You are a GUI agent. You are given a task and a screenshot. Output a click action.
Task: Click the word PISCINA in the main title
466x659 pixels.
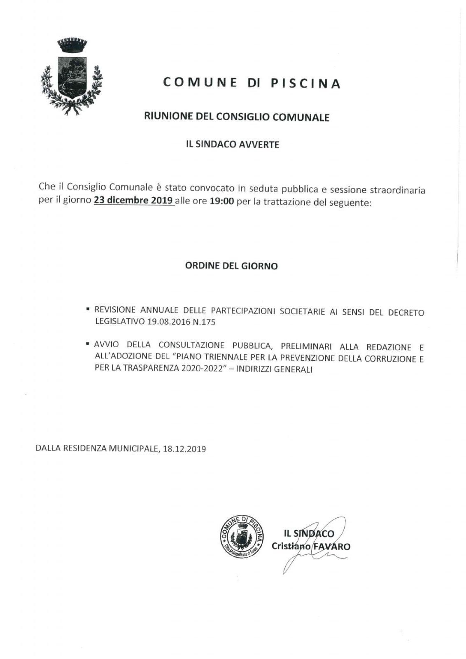pyautogui.click(x=305, y=84)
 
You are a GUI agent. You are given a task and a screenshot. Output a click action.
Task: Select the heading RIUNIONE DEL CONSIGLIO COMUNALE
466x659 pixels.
pyautogui.click(x=237, y=117)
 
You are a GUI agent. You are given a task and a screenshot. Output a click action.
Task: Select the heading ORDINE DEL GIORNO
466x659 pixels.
pyautogui.click(x=231, y=266)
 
